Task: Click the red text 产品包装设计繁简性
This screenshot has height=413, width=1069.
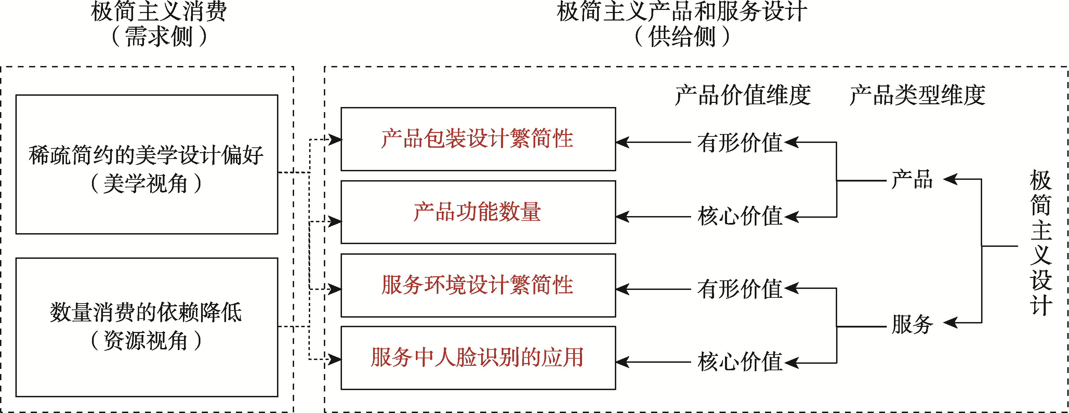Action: pos(477,138)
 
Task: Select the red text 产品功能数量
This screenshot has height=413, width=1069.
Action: pos(477,212)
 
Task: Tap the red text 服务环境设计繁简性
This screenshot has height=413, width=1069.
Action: pos(477,285)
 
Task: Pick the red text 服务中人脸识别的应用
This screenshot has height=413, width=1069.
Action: pos(477,357)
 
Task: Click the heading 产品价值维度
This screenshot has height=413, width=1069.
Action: pos(742,95)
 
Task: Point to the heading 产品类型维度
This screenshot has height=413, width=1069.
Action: pos(917,95)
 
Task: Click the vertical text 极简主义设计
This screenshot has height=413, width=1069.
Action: pos(1041,243)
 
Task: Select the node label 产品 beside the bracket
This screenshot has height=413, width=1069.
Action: pos(912,180)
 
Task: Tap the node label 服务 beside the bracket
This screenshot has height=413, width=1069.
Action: pos(912,324)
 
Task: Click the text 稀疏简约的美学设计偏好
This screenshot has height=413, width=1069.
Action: pos(146,155)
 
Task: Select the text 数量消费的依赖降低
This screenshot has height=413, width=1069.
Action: pos(146,312)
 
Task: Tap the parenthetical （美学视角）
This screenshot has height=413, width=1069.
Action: pos(146,184)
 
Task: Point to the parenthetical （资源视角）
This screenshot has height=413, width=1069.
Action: pos(146,341)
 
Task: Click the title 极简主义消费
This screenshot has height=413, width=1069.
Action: pos(159,12)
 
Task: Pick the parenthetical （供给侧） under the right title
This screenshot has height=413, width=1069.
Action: pos(682,37)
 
